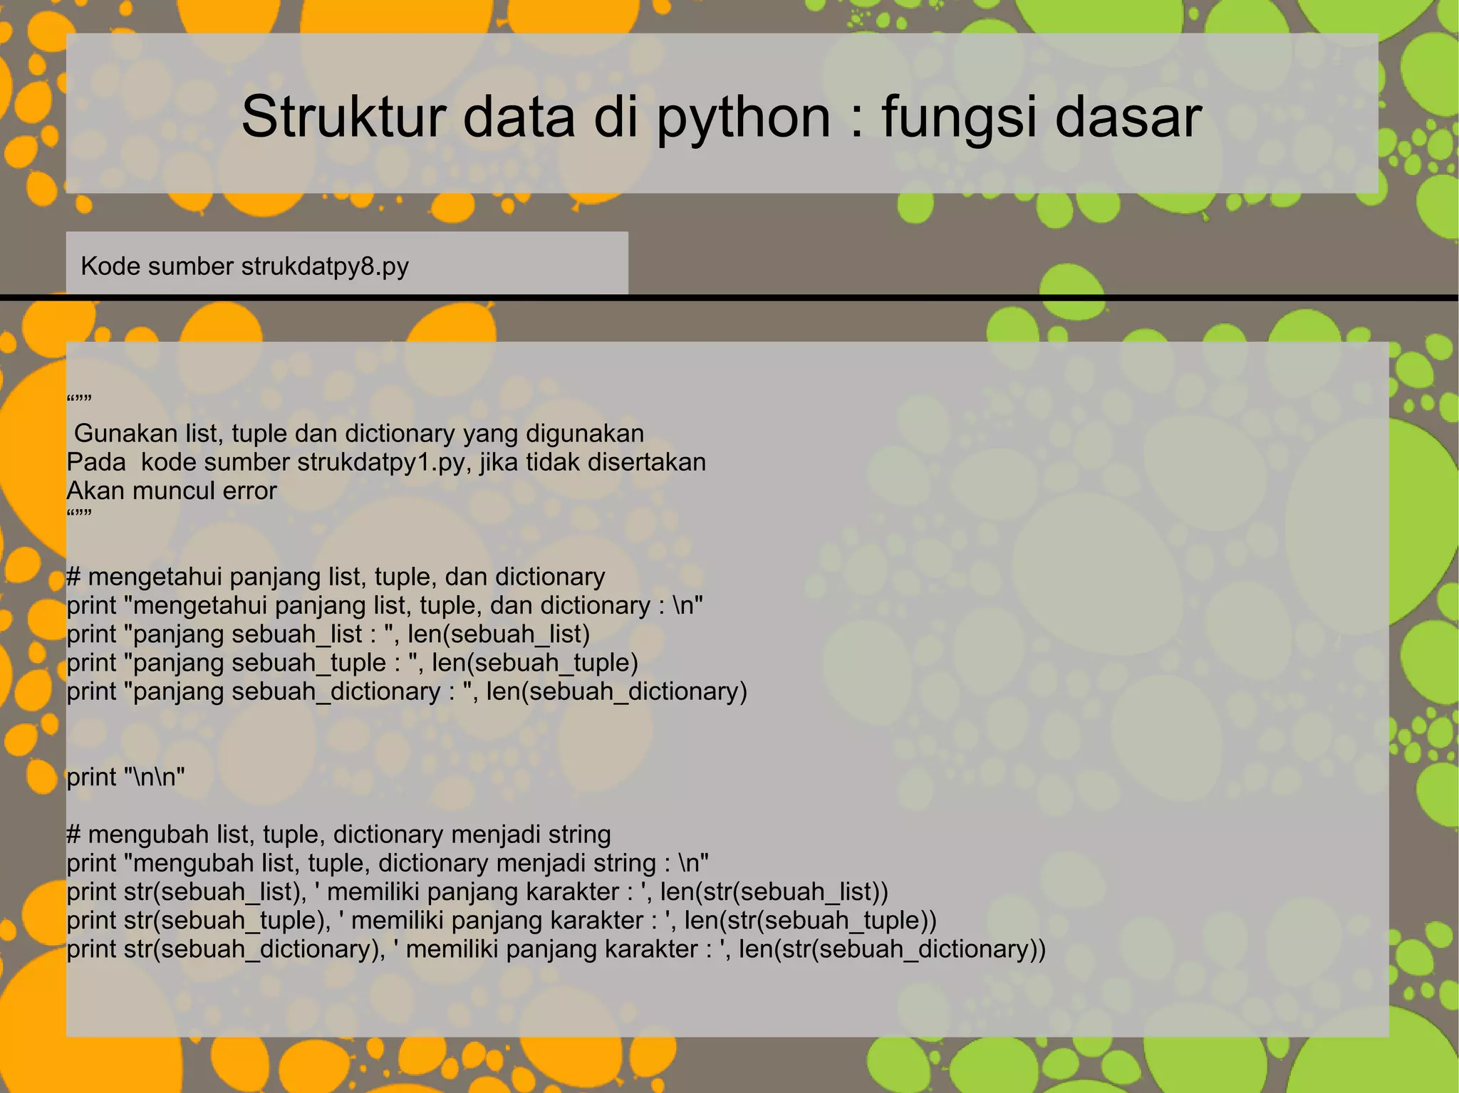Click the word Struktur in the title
(344, 117)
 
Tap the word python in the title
(743, 118)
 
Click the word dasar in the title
(1128, 117)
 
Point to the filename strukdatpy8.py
(325, 266)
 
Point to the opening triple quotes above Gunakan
(79, 401)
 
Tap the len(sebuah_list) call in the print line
(499, 634)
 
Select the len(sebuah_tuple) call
(534, 663)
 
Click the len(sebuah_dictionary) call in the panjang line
(616, 691)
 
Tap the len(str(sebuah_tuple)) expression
(810, 921)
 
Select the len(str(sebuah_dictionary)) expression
(892, 949)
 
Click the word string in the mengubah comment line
(573, 835)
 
